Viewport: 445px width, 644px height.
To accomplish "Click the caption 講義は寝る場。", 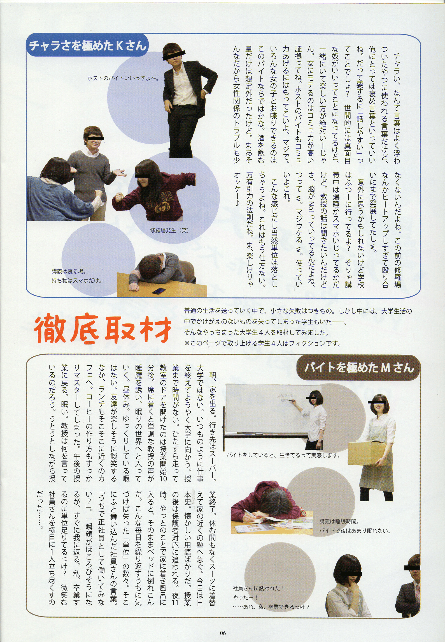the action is pos(69,271).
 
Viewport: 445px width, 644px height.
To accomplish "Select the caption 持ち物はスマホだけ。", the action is pos(76,280).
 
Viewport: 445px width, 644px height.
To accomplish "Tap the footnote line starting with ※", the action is pos(262,343).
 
